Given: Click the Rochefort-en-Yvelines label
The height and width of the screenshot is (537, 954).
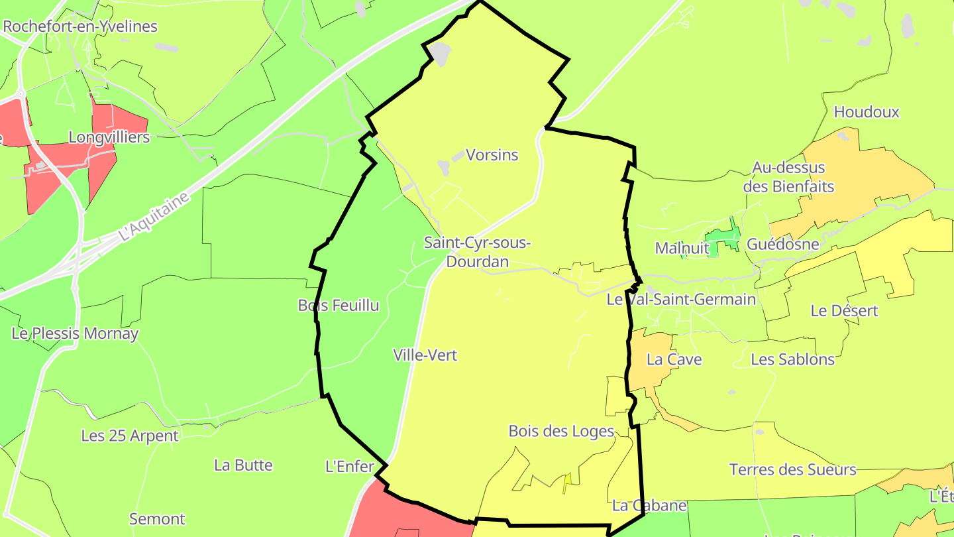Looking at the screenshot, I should (80, 27).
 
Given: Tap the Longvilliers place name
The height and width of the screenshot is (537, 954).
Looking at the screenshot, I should (109, 137).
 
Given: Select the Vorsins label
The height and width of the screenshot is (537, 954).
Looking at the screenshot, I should (492, 155).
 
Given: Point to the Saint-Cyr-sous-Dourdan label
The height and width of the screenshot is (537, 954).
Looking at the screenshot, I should (477, 252).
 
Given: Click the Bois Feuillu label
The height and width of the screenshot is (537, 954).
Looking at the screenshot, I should (339, 306).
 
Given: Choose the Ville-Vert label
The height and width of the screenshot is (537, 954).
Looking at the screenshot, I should (425, 355).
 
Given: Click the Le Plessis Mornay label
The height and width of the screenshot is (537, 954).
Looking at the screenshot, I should (75, 333).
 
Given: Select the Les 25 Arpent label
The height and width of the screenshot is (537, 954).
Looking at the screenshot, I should (130, 436).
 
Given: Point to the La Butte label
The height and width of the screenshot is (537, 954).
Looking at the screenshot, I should (243, 465).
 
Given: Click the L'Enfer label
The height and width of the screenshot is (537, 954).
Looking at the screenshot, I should (350, 467).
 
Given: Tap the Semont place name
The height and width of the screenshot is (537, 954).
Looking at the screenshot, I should (157, 518).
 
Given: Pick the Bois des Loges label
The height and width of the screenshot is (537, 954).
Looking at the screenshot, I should (561, 431).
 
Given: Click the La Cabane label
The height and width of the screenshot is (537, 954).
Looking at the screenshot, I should (649, 505).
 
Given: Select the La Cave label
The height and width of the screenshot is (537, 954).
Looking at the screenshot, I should (674, 359).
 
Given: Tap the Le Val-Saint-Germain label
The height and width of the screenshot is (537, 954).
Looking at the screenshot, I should (681, 300).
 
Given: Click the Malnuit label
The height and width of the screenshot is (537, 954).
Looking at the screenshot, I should (682, 248).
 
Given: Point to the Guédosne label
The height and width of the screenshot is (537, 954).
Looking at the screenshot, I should (782, 244).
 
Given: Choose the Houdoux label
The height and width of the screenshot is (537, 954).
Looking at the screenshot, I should (867, 112).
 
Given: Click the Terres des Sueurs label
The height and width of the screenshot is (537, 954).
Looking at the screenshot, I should (792, 470).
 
